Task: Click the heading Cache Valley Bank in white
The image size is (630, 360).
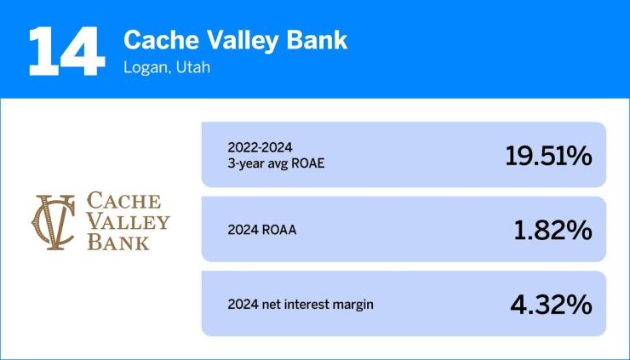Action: [x=236, y=40]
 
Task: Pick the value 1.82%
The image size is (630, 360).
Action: [x=553, y=230]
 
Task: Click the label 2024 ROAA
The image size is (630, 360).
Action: [x=262, y=230]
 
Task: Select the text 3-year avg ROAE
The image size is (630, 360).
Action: [x=276, y=164]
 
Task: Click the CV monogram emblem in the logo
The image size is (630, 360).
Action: [x=54, y=221]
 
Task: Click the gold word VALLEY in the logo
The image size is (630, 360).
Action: [x=129, y=222]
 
